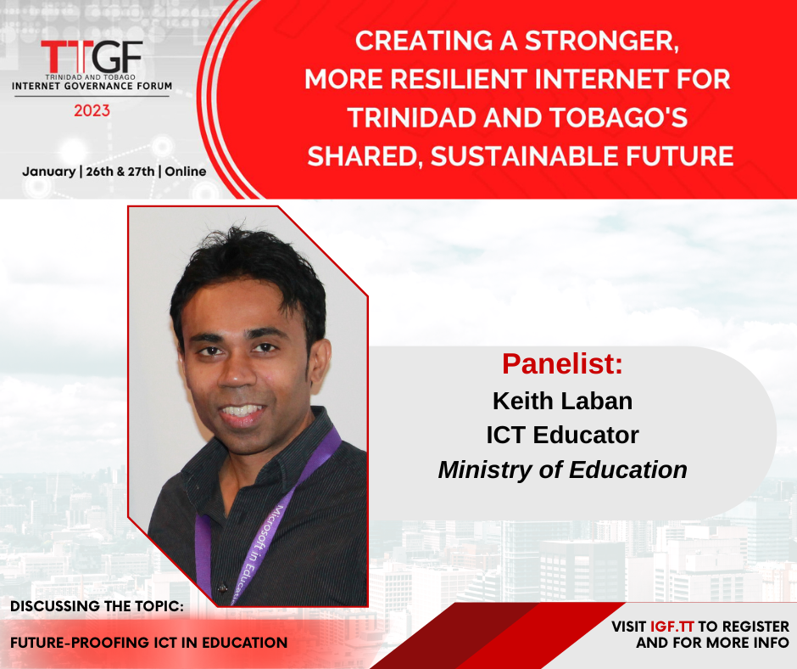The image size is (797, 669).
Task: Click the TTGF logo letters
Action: click(x=92, y=56)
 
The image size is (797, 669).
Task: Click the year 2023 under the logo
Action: click(x=92, y=110)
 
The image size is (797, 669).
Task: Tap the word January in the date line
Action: click(x=49, y=171)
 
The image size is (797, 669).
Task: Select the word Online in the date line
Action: click(x=186, y=171)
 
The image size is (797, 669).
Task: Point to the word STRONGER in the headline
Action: click(x=602, y=42)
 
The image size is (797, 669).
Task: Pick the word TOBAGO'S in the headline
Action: click(x=619, y=118)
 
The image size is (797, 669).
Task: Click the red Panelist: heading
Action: click(x=562, y=363)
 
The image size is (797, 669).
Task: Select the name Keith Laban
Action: click(x=562, y=402)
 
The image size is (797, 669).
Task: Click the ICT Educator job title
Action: click(x=562, y=436)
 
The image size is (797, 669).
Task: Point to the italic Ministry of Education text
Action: click(x=562, y=469)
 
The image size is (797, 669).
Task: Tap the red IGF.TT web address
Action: click(x=672, y=627)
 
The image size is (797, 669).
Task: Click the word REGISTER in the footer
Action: click(x=755, y=627)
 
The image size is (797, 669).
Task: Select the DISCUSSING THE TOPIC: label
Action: click(x=98, y=606)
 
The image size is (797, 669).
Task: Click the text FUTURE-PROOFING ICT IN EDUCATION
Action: click(x=149, y=643)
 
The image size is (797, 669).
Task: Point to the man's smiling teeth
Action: click(x=242, y=410)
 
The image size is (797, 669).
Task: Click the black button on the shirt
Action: click(x=222, y=588)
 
